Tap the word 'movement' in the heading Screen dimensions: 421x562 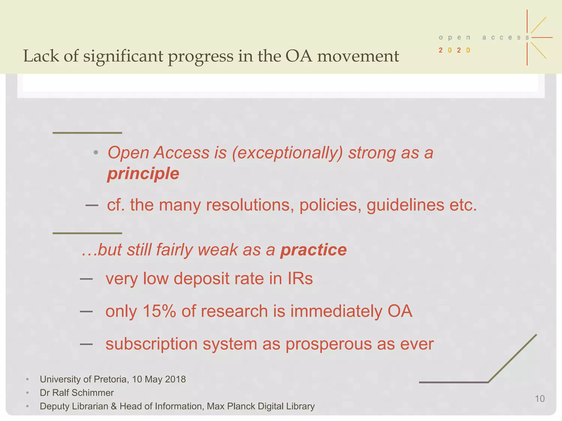click(358, 56)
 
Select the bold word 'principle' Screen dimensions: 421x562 click(143, 174)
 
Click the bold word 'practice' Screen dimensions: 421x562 click(313, 250)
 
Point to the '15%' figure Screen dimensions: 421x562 click(159, 311)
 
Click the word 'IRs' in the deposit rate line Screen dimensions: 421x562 click(300, 279)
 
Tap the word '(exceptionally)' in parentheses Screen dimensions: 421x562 click(287, 153)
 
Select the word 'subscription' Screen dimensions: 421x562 click(151, 344)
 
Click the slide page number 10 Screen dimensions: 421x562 click(539, 399)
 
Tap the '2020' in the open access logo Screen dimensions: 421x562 click(454, 50)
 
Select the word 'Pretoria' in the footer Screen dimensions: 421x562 click(110, 379)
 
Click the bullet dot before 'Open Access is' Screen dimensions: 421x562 click(95, 153)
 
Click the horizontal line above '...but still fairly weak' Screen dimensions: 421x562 click(87, 233)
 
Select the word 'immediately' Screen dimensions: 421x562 click(336, 311)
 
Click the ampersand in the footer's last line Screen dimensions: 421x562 click(114, 406)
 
